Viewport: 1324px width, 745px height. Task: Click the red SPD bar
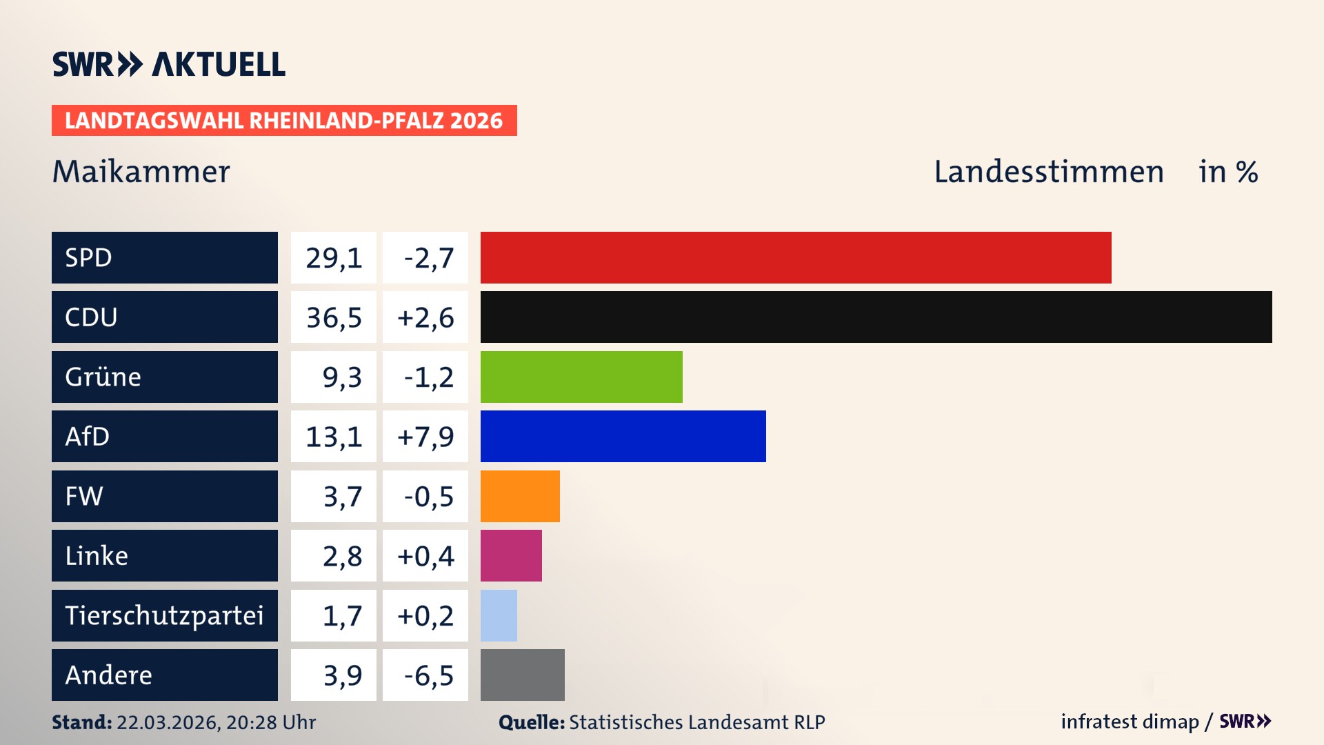click(796, 257)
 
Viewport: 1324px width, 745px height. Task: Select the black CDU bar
click(876, 317)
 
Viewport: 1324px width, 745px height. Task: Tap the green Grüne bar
click(581, 377)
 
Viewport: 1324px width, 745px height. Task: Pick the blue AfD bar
click(623, 436)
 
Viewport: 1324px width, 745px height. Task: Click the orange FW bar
click(520, 496)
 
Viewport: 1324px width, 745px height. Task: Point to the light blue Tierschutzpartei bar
click(499, 615)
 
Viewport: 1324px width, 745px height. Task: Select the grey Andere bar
click(522, 675)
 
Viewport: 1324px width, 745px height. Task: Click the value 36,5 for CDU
click(334, 317)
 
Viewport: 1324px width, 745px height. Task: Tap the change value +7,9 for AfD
click(425, 436)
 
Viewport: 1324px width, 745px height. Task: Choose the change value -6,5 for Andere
click(428, 675)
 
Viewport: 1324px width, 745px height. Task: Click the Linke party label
click(97, 555)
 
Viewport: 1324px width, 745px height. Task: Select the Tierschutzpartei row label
click(164, 615)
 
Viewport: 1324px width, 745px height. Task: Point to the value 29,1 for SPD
click(334, 257)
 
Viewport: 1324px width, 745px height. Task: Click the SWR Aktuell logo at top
click(169, 64)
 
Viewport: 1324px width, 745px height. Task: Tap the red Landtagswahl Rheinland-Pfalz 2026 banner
click(284, 121)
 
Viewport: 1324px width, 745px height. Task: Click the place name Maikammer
click(141, 172)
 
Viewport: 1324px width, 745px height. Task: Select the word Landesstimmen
click(1048, 172)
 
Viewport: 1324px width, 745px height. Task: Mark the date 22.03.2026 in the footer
click(168, 722)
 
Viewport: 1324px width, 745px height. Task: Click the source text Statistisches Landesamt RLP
click(696, 722)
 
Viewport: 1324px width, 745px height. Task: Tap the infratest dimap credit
click(1130, 722)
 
